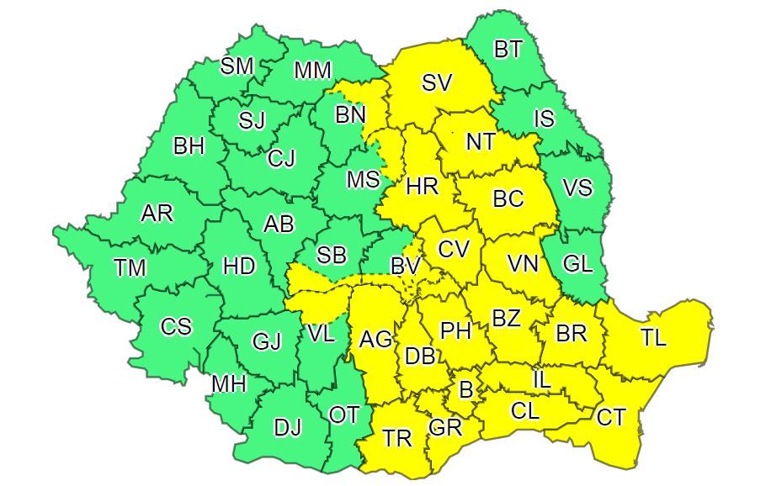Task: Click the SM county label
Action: (x=237, y=66)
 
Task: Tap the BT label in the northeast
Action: (x=508, y=50)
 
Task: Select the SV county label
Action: (x=437, y=82)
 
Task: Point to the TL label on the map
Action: (x=652, y=338)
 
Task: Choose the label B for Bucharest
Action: (x=465, y=389)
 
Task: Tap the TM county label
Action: (x=130, y=268)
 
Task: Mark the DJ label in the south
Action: (x=287, y=427)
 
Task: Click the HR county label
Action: (x=422, y=187)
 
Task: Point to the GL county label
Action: (x=577, y=263)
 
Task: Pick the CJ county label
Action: (x=281, y=157)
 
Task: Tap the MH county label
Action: (x=228, y=384)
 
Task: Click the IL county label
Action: (x=542, y=380)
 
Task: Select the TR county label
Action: (x=396, y=438)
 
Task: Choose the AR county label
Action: (x=157, y=214)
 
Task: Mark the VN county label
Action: (x=523, y=264)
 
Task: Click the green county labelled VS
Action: (x=577, y=188)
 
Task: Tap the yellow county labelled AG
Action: (x=375, y=340)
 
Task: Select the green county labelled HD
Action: (x=239, y=267)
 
